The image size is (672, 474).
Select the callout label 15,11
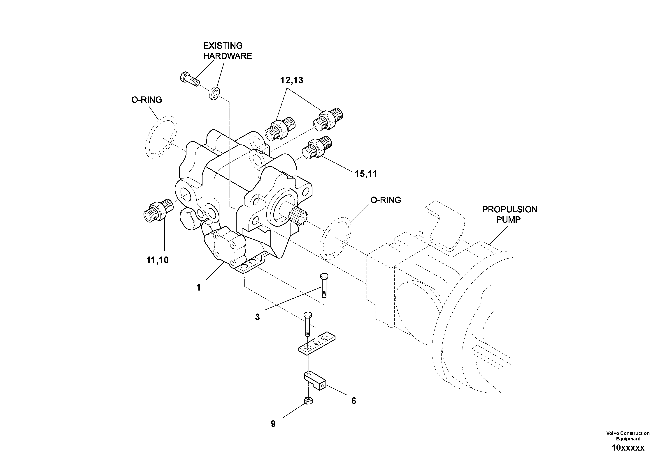click(366, 174)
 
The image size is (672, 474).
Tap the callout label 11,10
click(158, 260)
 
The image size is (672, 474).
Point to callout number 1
click(198, 288)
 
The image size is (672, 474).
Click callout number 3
click(257, 317)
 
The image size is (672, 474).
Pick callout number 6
click(353, 401)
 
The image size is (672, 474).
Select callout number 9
click(273, 424)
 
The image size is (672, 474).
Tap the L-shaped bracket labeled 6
click(315, 381)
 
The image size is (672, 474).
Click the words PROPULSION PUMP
click(509, 215)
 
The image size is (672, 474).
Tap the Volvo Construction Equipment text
click(628, 436)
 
